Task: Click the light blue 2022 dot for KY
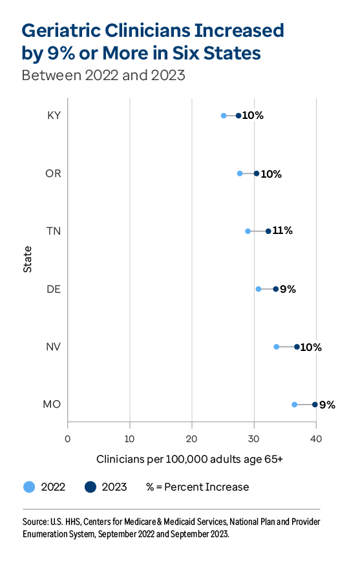point(224,116)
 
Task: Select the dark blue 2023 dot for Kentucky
point(238,116)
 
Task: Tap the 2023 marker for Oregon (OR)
point(257,173)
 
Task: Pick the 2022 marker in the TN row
point(248,231)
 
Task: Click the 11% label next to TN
point(282,231)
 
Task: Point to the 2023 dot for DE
point(276,289)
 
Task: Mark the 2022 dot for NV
point(277,346)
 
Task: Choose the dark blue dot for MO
point(315,405)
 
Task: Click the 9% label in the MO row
point(328,405)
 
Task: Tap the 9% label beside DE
point(288,289)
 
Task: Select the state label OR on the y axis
point(53,173)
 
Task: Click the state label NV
point(53,346)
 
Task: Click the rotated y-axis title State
point(28,260)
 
